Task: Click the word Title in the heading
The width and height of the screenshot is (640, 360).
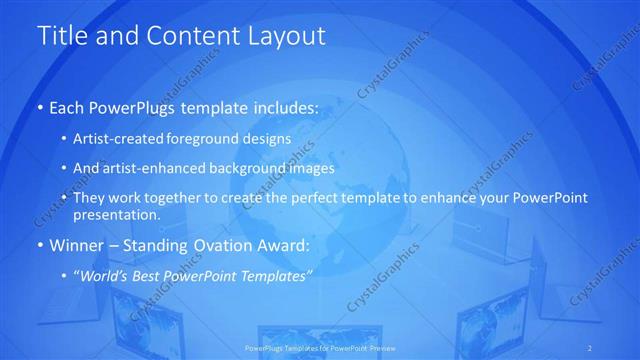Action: click(x=63, y=36)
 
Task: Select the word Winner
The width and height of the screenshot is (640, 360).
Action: click(x=76, y=245)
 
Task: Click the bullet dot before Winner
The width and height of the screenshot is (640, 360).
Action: click(x=39, y=245)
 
